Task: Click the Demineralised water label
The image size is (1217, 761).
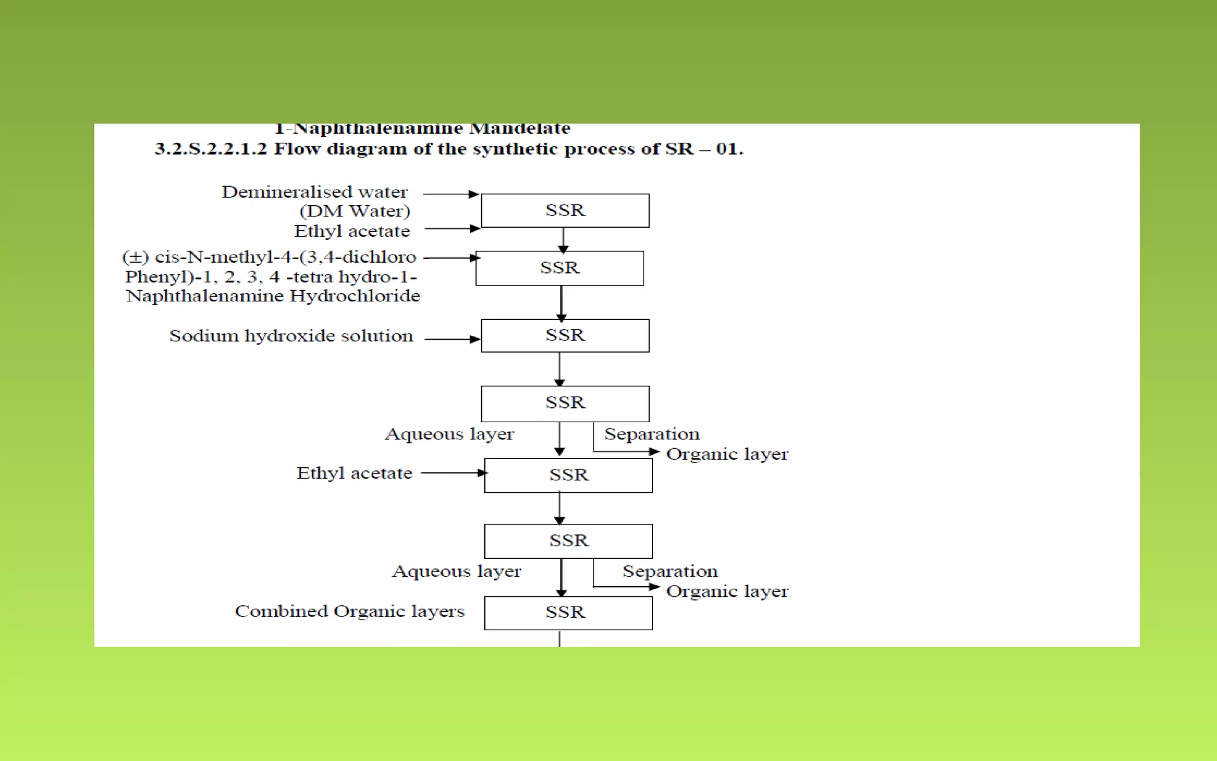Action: [314, 192]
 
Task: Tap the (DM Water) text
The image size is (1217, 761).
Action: [355, 211]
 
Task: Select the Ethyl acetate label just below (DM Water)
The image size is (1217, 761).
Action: [352, 231]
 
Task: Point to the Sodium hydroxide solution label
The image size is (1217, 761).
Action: [291, 336]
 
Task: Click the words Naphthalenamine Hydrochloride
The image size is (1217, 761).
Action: [273, 295]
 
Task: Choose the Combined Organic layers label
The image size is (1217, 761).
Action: [349, 611]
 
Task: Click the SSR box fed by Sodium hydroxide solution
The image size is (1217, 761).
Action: [565, 336]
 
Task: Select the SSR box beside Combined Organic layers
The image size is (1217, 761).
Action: [568, 613]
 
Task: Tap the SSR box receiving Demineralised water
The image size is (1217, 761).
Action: [565, 210]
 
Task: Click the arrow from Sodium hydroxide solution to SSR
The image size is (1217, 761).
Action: [452, 339]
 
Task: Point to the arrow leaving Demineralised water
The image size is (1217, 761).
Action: [450, 194]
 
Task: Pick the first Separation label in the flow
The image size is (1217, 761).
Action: [652, 434]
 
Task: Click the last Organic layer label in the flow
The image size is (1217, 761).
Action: [727, 592]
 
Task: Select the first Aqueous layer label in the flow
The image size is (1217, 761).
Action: [449, 434]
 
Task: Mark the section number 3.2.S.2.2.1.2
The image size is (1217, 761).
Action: [211, 149]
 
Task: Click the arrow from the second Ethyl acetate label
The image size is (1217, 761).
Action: [454, 473]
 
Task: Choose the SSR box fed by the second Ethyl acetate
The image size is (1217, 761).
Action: [568, 475]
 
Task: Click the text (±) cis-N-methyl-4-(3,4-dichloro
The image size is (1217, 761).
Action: [269, 257]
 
